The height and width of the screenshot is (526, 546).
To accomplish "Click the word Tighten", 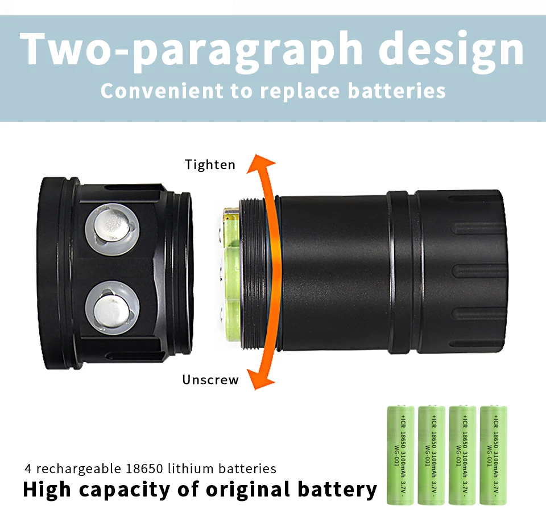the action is [x=210, y=165].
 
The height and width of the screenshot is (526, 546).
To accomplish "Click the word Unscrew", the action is [x=210, y=380].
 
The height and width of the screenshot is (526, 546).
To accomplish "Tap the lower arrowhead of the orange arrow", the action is [x=261, y=379].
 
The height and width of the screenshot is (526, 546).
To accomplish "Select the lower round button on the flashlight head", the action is [x=112, y=308].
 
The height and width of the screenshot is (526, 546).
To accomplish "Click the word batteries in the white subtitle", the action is [x=396, y=91].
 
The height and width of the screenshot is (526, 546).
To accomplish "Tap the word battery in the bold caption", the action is [x=337, y=490].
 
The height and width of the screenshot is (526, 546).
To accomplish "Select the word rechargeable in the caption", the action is [x=76, y=469].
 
